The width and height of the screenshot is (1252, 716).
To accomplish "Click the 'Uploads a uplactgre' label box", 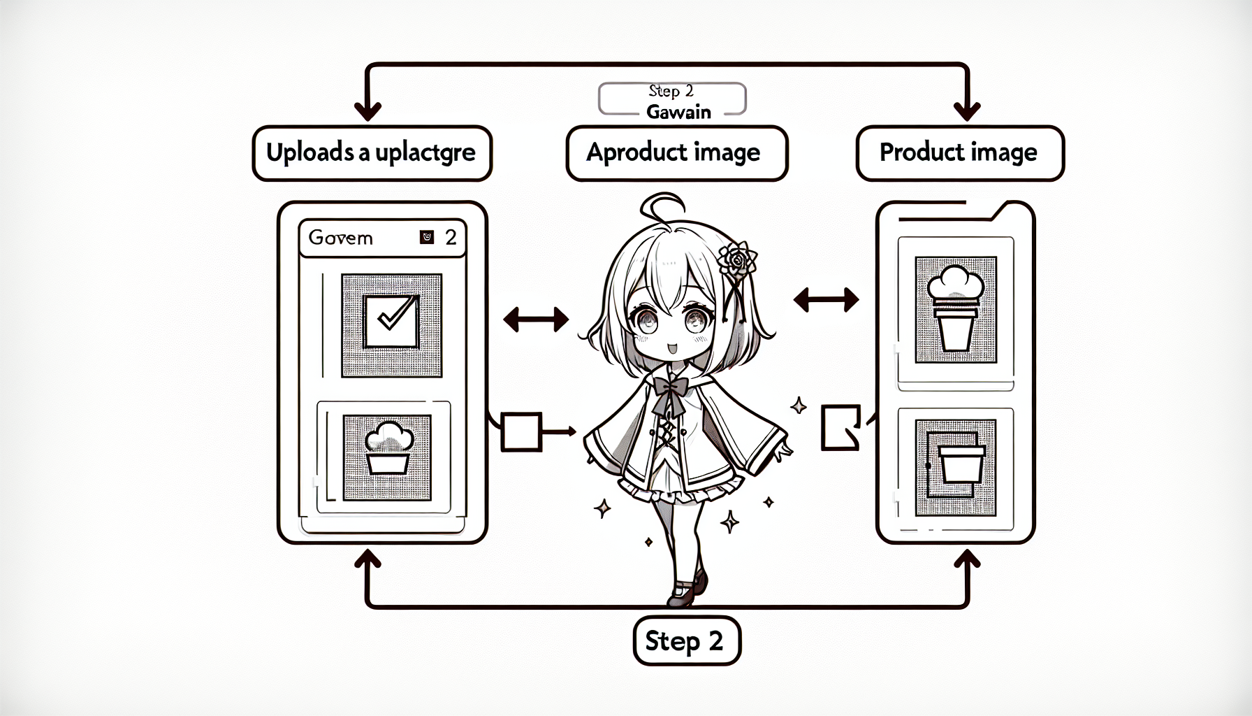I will tap(372, 153).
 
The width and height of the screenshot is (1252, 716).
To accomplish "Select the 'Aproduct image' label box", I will tap(676, 153).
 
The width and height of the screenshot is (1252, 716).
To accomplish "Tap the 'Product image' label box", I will tap(959, 153).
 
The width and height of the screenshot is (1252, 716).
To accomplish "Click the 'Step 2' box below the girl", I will tap(686, 640).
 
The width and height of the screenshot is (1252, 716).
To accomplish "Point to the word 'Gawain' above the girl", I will tap(678, 112).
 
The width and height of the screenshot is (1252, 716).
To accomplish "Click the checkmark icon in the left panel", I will tap(392, 322).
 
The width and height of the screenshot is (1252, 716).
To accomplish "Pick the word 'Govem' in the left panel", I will tap(341, 238).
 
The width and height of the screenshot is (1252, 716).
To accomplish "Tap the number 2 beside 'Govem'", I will tap(451, 238).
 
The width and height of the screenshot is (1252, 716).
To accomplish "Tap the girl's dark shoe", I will tap(687, 592).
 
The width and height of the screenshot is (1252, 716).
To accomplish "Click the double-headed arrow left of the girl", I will tap(536, 320).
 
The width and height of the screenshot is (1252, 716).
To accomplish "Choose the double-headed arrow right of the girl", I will tap(826, 301).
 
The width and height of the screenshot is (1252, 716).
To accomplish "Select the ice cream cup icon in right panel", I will tap(955, 308).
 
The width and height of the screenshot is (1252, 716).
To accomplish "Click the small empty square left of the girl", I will tap(521, 431).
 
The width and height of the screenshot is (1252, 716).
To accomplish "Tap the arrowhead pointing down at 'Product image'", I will tap(968, 112).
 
